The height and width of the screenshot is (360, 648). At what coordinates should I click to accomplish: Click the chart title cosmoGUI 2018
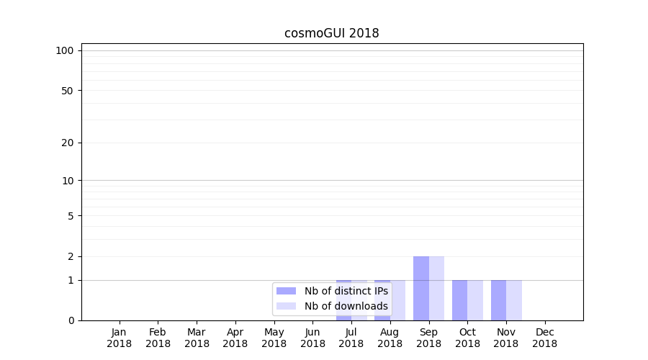tap(331, 33)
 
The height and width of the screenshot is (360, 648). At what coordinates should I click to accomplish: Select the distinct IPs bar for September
tap(421, 288)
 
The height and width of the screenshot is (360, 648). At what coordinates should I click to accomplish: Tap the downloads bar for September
tap(436, 288)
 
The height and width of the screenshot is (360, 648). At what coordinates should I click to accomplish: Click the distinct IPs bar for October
tap(460, 300)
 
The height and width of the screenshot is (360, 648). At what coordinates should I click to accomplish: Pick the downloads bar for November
tap(514, 300)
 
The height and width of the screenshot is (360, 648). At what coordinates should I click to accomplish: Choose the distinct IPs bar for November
tap(498, 300)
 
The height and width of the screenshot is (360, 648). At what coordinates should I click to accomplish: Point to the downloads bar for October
tap(475, 300)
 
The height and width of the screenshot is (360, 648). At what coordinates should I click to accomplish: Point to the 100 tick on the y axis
tap(66, 50)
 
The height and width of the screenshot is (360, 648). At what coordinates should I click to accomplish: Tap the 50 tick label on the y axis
tap(68, 91)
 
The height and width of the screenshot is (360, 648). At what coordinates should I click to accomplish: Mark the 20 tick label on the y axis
tap(68, 143)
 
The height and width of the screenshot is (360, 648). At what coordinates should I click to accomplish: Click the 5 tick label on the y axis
tap(71, 216)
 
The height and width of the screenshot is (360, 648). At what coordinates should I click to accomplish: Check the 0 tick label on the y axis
tap(71, 320)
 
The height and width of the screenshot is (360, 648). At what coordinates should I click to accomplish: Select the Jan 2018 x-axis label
tap(120, 338)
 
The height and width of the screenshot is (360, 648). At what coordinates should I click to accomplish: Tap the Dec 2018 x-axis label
tap(545, 338)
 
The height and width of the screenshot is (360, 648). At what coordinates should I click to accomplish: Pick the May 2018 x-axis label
tap(274, 338)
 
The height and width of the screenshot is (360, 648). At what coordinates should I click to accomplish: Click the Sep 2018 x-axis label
tap(428, 338)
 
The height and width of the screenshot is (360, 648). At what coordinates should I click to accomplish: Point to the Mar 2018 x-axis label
tap(197, 338)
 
